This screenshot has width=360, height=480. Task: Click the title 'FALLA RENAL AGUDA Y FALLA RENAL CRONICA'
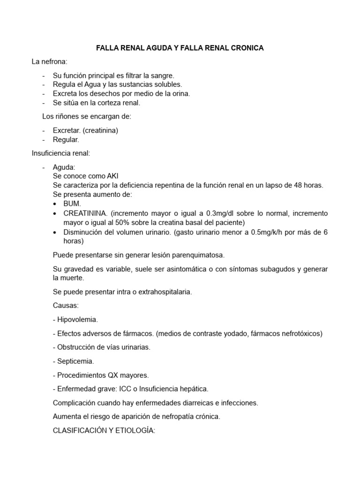(x=180, y=48)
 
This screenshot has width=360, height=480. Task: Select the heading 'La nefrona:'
(x=49, y=61)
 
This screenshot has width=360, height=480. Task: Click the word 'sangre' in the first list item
(x=162, y=75)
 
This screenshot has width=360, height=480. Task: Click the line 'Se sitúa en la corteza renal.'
(x=97, y=103)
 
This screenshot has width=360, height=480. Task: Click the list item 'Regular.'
(x=66, y=139)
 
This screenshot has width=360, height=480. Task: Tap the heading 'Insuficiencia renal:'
(x=60, y=153)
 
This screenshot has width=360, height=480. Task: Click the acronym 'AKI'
(x=112, y=176)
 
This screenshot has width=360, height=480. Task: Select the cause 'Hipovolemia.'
(x=77, y=319)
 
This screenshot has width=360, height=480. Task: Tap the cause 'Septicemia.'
(x=75, y=361)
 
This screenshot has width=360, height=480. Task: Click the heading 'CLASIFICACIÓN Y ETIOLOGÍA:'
(x=104, y=430)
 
